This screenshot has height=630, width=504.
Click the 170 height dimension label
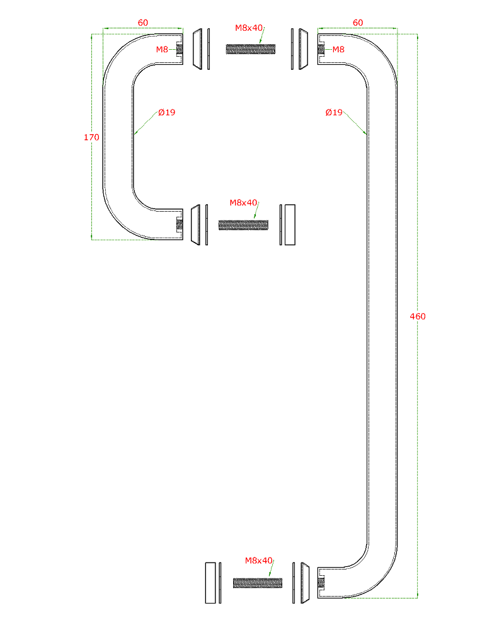click(x=91, y=137)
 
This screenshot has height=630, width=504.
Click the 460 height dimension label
click(x=418, y=317)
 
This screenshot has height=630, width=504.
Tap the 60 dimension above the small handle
click(x=142, y=23)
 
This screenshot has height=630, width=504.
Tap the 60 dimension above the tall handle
click(x=358, y=23)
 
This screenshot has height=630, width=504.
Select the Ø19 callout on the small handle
click(x=167, y=113)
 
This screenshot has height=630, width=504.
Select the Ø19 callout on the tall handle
click(x=334, y=113)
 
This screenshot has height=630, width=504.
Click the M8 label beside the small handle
click(x=162, y=49)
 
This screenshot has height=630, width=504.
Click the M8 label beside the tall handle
click(x=338, y=49)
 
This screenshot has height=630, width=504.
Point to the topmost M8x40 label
click(x=249, y=28)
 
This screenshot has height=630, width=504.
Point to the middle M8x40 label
click(x=243, y=203)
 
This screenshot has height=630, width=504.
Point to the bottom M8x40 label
click(x=258, y=561)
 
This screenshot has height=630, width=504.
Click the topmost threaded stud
click(x=251, y=49)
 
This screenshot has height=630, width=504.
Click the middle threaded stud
click(x=244, y=225)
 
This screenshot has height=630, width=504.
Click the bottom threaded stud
click(x=258, y=583)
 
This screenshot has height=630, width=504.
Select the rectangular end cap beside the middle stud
click(x=290, y=225)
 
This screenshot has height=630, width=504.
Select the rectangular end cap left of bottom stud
click(x=210, y=583)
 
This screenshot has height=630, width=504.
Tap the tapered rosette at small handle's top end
click(x=197, y=49)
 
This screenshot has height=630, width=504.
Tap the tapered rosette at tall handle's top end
click(x=304, y=49)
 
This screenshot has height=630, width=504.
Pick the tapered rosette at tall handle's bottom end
click(x=305, y=583)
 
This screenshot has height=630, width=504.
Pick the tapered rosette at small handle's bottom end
click(x=195, y=225)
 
